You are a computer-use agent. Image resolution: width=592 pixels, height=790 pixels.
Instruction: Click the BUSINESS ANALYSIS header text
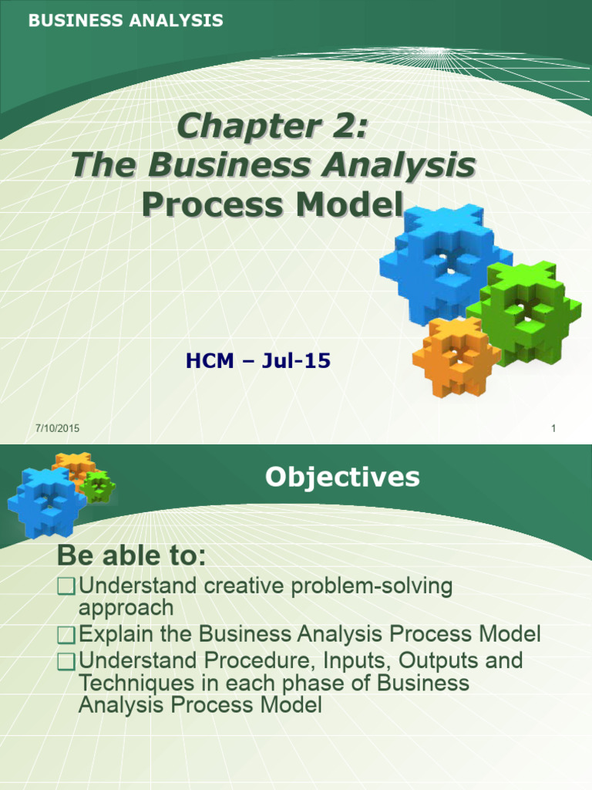coord(126,22)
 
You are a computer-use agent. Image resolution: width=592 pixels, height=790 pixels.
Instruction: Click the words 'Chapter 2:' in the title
coord(271,126)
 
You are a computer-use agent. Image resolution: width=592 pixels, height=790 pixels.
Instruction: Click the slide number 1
coord(553,429)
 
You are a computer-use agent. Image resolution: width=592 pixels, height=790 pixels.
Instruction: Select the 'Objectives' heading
coord(342,477)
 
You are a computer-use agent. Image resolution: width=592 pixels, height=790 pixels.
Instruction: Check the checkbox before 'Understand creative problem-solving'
coord(67,587)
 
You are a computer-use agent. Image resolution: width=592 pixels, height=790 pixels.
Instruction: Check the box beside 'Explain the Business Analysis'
coord(67,636)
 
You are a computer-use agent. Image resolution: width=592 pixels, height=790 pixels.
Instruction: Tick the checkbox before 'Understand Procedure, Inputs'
coord(67,661)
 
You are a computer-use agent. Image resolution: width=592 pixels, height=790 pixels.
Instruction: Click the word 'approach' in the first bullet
coord(126,608)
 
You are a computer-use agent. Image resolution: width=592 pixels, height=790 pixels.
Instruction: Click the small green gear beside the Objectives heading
coord(97,487)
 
